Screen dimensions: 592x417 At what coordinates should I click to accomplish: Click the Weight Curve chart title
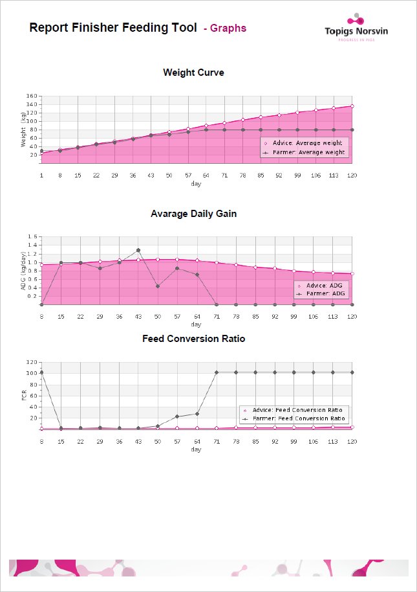(x=193, y=73)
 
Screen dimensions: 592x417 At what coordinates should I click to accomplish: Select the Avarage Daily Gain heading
(x=193, y=214)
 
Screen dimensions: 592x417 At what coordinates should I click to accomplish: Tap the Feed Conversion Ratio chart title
(x=193, y=339)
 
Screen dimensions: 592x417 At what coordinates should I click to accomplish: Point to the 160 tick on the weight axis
(x=31, y=96)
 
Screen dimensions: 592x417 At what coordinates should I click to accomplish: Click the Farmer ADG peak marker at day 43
(x=138, y=250)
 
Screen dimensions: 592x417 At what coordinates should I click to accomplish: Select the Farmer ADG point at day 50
(x=158, y=286)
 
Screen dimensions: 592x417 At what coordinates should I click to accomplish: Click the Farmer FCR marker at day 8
(x=41, y=372)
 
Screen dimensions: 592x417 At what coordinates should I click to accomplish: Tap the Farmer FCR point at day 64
(x=197, y=414)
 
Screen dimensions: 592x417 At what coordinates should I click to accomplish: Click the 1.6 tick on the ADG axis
(x=34, y=237)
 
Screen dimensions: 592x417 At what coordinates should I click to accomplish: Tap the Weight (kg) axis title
(x=23, y=129)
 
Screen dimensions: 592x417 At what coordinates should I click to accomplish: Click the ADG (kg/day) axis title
(x=23, y=271)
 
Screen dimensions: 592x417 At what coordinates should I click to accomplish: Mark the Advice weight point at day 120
(x=352, y=106)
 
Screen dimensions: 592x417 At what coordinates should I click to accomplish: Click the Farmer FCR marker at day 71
(x=216, y=372)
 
